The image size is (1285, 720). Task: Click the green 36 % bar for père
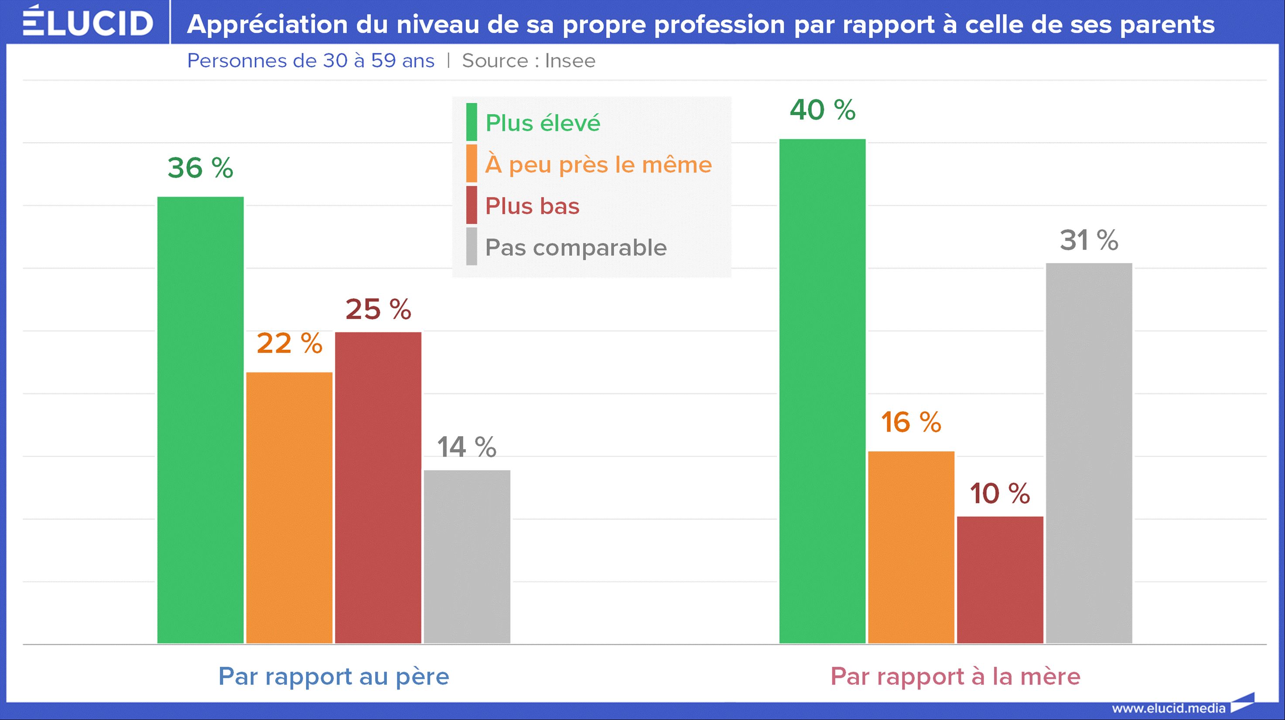click(x=201, y=420)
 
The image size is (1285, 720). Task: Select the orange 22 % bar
click(x=289, y=508)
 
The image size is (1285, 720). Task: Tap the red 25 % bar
click(x=378, y=488)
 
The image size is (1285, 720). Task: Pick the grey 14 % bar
click(x=467, y=556)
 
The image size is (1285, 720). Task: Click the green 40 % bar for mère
click(x=822, y=391)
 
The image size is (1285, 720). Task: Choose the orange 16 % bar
click(x=911, y=547)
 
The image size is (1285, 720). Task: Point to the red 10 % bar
click(x=1000, y=580)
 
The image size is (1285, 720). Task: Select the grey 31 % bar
click(x=1089, y=453)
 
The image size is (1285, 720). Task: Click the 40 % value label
click(x=822, y=110)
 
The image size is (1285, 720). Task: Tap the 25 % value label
click(x=378, y=309)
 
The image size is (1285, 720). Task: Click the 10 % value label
click(x=1000, y=494)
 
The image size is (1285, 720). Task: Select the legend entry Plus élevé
click(x=542, y=123)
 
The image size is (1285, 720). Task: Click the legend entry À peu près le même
click(x=598, y=164)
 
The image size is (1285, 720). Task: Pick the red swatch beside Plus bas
click(x=472, y=205)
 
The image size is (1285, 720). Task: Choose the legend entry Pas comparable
click(x=576, y=247)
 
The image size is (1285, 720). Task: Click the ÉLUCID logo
click(x=88, y=22)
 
